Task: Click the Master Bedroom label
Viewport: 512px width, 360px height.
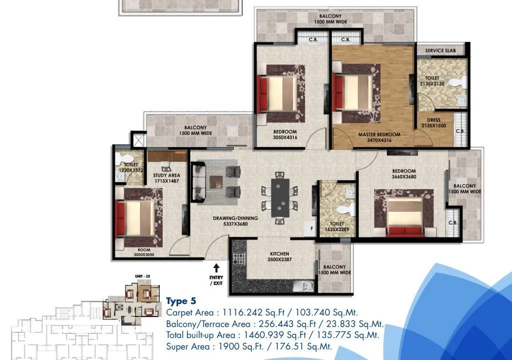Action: (x=379, y=134)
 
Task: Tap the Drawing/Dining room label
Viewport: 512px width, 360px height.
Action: (x=235, y=218)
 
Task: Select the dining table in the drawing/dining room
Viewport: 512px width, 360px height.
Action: (x=280, y=197)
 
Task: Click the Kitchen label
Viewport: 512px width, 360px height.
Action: (x=273, y=254)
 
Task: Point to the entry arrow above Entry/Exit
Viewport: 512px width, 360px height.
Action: (x=217, y=268)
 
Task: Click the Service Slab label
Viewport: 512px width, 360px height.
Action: (x=440, y=51)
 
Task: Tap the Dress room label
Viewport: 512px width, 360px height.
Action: (x=434, y=119)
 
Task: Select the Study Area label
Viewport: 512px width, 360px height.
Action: (x=167, y=175)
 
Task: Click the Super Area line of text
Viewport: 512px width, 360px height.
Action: (x=249, y=346)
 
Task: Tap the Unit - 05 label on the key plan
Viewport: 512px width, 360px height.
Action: (x=142, y=276)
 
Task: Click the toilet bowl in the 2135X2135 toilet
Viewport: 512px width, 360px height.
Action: (x=455, y=82)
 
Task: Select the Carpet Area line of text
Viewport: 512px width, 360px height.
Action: (x=262, y=312)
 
